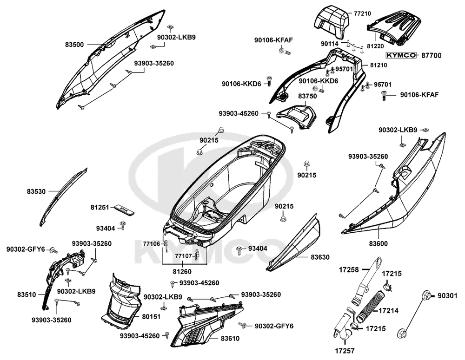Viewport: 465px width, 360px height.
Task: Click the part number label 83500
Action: (74, 45)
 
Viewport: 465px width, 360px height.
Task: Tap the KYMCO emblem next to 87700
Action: (403, 55)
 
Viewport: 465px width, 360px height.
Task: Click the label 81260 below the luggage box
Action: (183, 272)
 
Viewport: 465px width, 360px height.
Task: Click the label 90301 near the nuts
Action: (448, 295)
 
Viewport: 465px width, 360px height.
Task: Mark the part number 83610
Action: (230, 339)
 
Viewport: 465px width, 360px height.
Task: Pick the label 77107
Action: (184, 255)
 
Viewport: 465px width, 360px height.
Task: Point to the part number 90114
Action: (330, 43)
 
